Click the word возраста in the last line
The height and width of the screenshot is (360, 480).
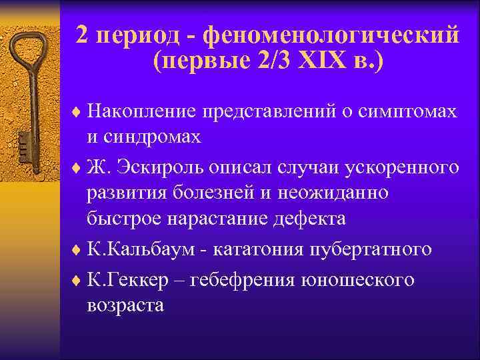pyautogui.click(x=125, y=306)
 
